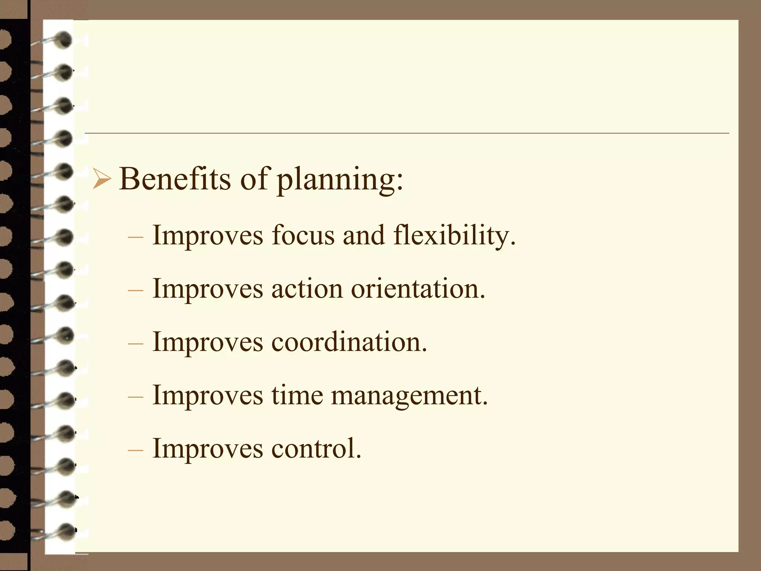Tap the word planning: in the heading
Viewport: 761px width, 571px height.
[x=340, y=180]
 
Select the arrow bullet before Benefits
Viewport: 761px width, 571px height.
[x=101, y=179]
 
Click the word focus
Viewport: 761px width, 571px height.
[x=303, y=235]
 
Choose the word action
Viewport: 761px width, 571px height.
[x=307, y=289]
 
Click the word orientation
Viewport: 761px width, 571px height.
[x=418, y=289]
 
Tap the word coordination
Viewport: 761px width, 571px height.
[x=349, y=342]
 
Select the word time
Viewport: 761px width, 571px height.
[x=297, y=395]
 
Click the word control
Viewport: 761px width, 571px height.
[x=316, y=448]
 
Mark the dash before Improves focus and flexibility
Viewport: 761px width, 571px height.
[x=135, y=237]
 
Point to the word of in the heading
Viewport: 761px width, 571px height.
[x=254, y=179]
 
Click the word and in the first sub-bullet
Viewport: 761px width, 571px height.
[x=363, y=235]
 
